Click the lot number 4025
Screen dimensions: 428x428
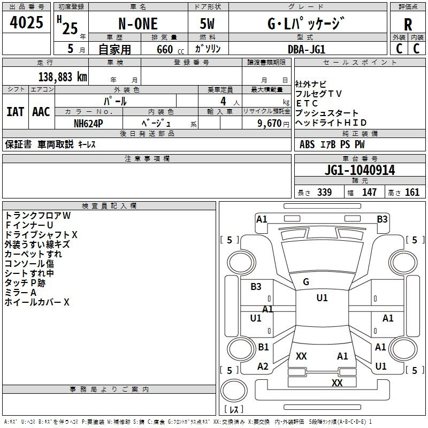pos(27,24)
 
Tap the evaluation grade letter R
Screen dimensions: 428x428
pos(408,25)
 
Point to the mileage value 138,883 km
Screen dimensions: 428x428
pos(63,77)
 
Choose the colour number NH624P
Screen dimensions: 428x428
pos(88,123)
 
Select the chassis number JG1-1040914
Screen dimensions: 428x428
pos(360,170)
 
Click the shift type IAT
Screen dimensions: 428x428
pos(15,112)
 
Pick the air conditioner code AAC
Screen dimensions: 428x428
pos(41,112)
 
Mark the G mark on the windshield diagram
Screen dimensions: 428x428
pos(306,282)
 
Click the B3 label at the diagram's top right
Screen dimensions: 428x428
pos(382,219)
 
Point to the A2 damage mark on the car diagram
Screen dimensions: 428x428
pos(263,366)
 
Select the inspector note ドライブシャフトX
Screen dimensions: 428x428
pos(41,235)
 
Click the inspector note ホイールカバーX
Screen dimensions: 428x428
pos(37,302)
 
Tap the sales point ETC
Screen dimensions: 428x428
pos(307,103)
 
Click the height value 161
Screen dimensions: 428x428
pos(412,192)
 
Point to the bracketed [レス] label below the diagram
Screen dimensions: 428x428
pos(234,410)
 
